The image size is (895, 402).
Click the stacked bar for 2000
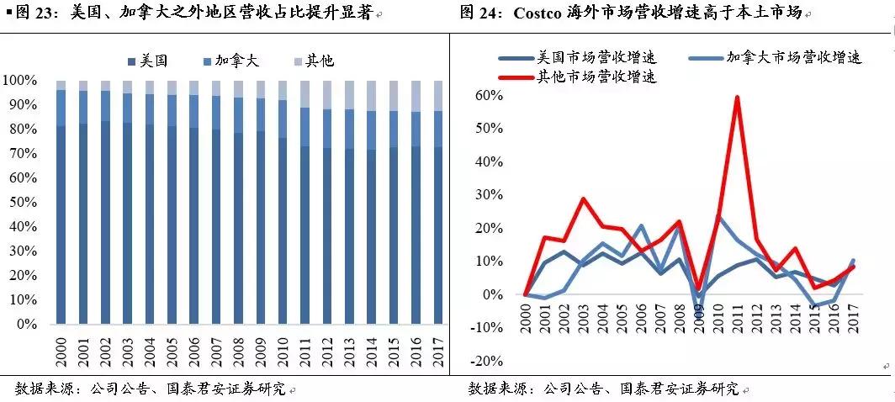[x=61, y=202]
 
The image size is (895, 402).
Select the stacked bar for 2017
[x=437, y=202]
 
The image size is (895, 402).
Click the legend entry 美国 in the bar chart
[x=148, y=61]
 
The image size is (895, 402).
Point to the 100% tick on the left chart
[x=20, y=81]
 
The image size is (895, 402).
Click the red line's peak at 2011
[x=737, y=97]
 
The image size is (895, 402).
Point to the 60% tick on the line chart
[x=489, y=95]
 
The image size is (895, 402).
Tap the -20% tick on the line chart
[x=485, y=361]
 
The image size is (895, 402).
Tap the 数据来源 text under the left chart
[x=42, y=389]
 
